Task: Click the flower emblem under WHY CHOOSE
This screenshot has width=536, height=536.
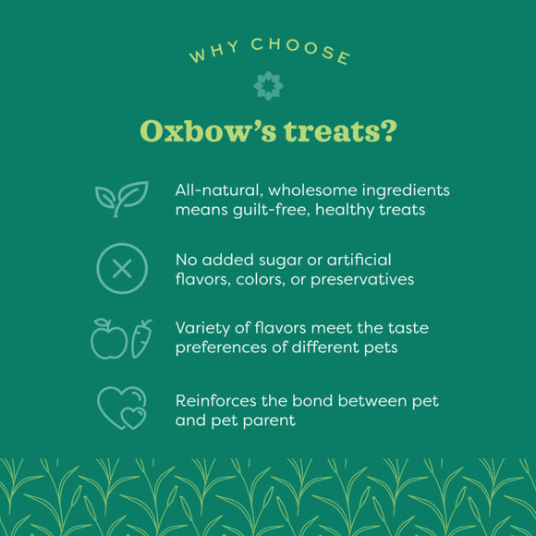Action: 268,85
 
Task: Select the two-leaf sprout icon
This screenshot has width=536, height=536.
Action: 121,198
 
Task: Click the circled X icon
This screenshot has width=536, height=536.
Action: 121,269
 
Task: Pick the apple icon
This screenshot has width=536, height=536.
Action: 108,340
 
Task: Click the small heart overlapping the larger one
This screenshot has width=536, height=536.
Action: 134,418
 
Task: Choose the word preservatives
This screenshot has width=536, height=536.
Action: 362,278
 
